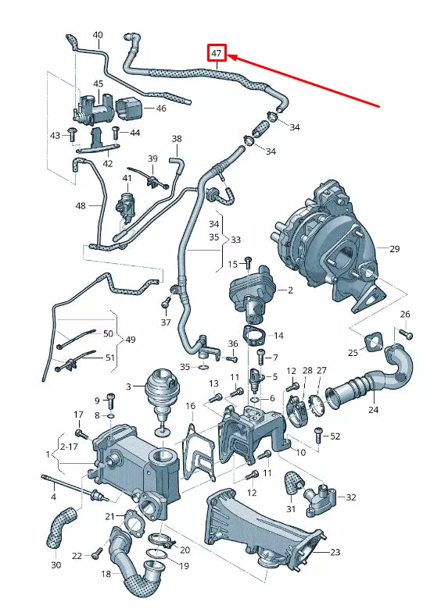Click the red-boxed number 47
point(216,54)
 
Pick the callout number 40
point(98,35)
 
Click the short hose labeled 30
point(59,526)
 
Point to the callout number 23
point(335,552)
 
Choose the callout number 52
point(335,436)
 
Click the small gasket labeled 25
point(370,344)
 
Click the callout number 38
point(176,140)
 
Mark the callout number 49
point(130,340)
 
